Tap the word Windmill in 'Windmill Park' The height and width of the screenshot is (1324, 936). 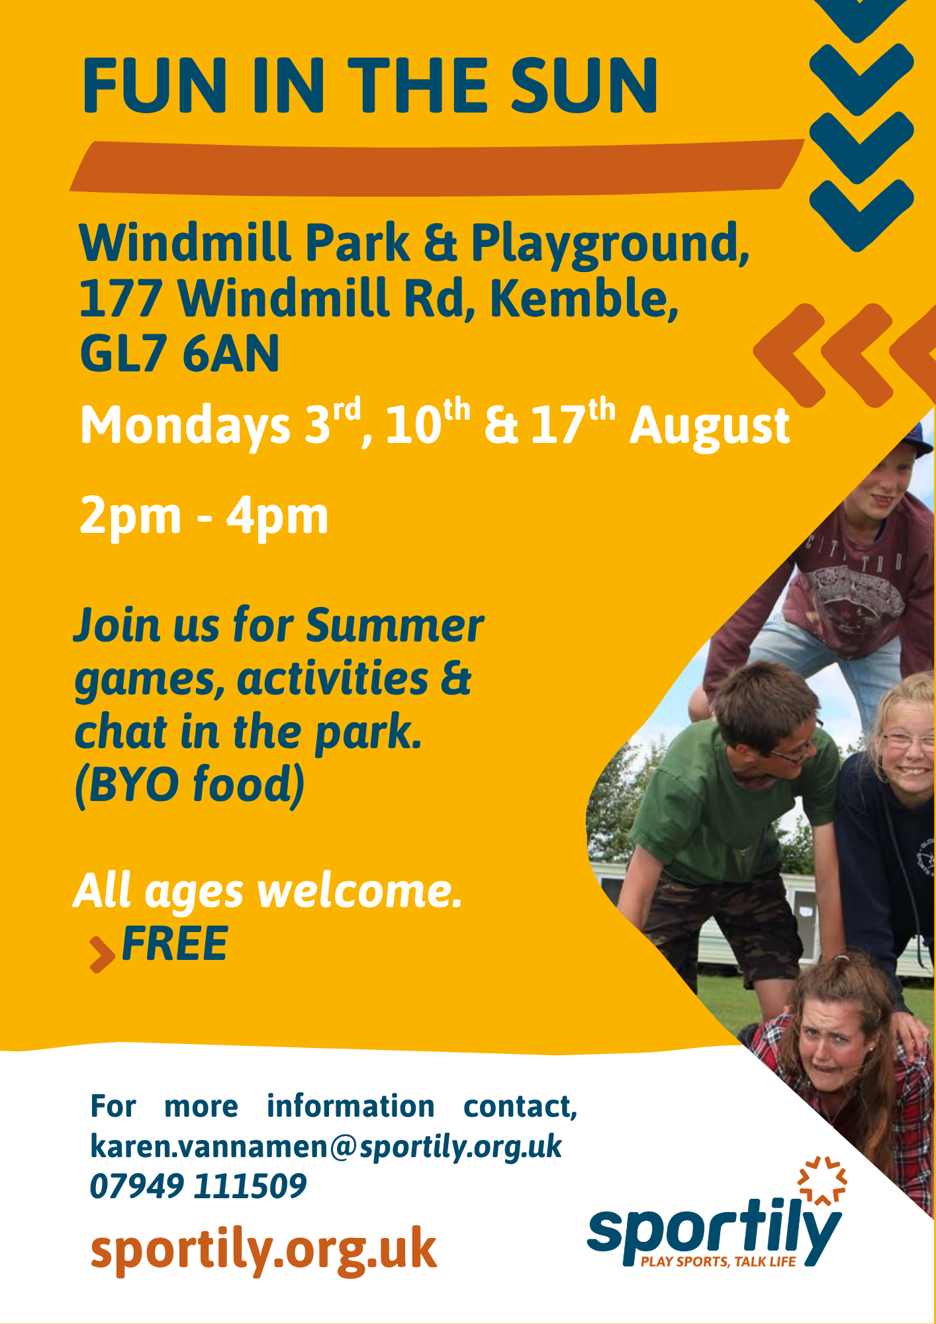(x=185, y=242)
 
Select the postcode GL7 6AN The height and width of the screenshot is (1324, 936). (x=179, y=354)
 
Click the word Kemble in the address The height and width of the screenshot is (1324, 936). (x=584, y=298)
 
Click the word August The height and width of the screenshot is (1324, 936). (x=709, y=427)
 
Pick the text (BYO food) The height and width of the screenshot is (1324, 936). (x=190, y=785)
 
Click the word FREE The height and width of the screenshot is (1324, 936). (x=175, y=943)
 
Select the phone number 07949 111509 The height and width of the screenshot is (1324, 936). (x=198, y=1186)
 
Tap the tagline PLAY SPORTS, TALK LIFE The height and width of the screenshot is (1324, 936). (x=718, y=1262)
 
